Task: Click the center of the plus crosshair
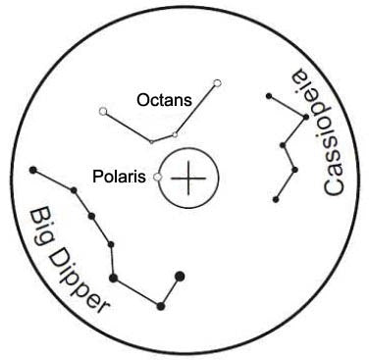click(x=189, y=179)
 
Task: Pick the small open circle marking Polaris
click(x=158, y=178)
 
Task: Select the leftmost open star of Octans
click(x=103, y=112)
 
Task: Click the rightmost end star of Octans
click(x=217, y=82)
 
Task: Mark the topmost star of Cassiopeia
click(x=268, y=95)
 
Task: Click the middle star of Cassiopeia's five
click(x=283, y=147)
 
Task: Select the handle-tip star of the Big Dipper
click(x=34, y=171)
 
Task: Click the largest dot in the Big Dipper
click(x=179, y=276)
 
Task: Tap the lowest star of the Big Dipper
click(x=161, y=306)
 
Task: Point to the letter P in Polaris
click(x=96, y=177)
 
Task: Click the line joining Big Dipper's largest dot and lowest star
click(x=170, y=291)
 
